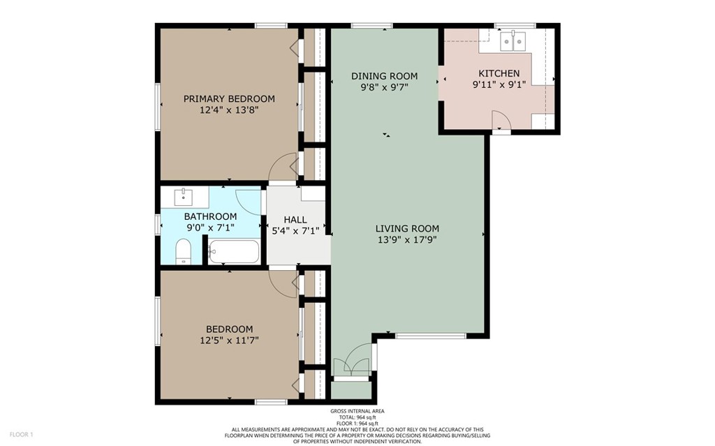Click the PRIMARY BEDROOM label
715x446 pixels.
[x=229, y=98]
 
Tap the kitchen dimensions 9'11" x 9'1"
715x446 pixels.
[x=499, y=84]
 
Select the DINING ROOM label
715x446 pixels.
[x=385, y=75]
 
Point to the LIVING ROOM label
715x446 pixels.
[x=407, y=228]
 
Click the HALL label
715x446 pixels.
[x=295, y=220]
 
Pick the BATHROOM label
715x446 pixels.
[x=210, y=216]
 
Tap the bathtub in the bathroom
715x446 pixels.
[x=234, y=251]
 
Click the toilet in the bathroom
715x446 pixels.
[x=184, y=251]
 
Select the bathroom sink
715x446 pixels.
[x=184, y=197]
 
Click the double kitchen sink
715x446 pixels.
[x=513, y=41]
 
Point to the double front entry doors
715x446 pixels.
[x=351, y=362]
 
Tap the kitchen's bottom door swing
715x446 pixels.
[x=501, y=119]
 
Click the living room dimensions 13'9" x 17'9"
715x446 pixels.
[x=407, y=240]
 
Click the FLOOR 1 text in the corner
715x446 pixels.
[x=22, y=435]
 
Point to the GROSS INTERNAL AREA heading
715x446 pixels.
[x=357, y=411]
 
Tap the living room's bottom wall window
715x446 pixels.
[x=430, y=336]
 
